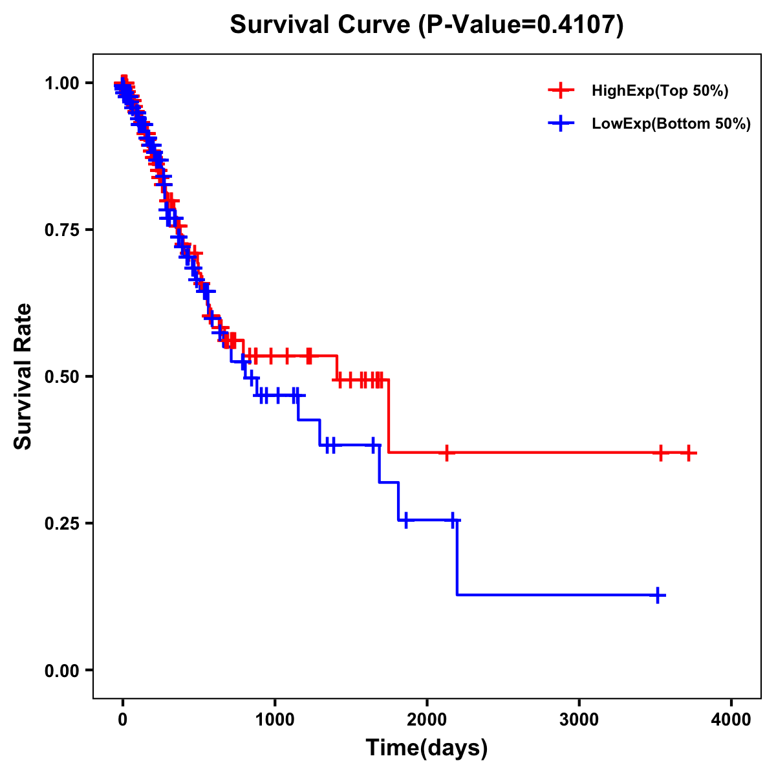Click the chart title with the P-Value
pyautogui.click(x=427, y=25)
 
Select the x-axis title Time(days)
pyautogui.click(x=427, y=748)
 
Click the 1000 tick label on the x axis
pyautogui.click(x=275, y=720)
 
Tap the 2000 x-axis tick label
pyautogui.click(x=427, y=720)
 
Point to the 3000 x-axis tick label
pyautogui.click(x=579, y=720)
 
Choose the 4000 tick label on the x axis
pyautogui.click(x=731, y=720)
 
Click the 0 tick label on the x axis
pyautogui.click(x=122, y=720)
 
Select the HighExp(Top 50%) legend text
pyautogui.click(x=660, y=91)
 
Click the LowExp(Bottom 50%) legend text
pyautogui.click(x=671, y=124)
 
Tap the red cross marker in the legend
pyautogui.click(x=561, y=91)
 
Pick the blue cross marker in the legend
pyautogui.click(x=561, y=124)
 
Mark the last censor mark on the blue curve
pyautogui.click(x=657, y=595)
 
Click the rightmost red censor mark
pyautogui.click(x=689, y=453)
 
